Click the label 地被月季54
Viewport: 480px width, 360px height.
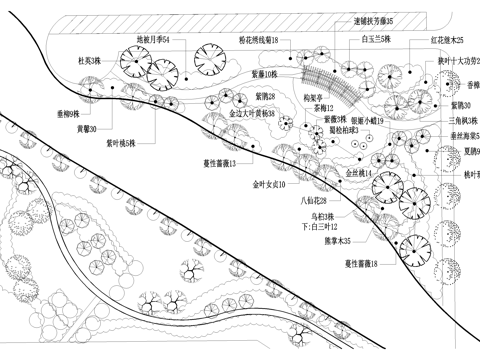153,39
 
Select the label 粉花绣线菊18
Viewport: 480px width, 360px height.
258,39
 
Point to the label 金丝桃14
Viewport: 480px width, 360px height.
359,173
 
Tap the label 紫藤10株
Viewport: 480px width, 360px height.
264,73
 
